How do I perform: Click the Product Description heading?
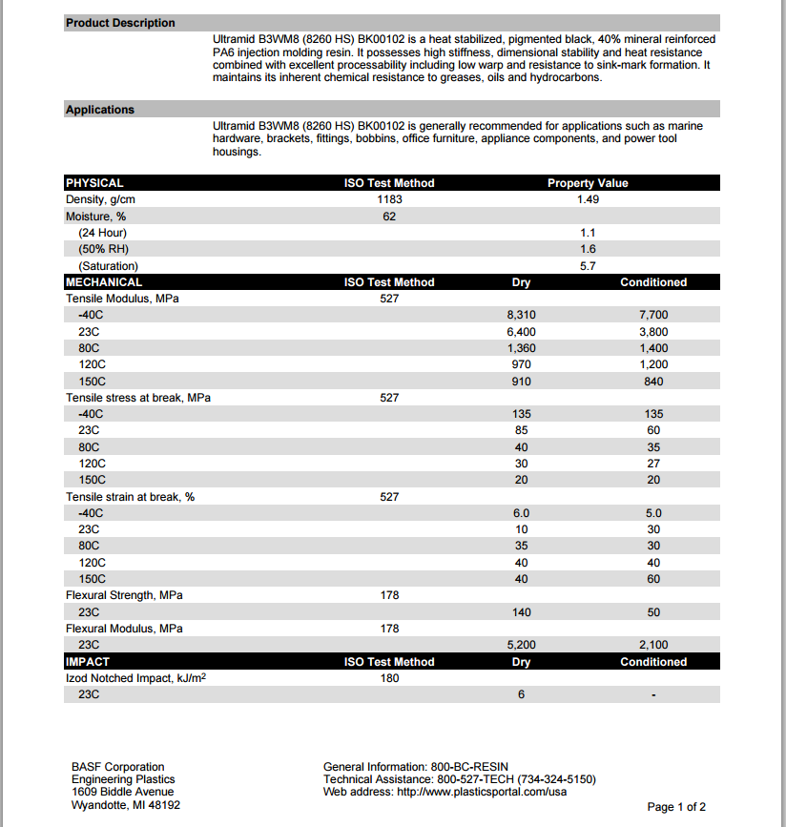point(120,23)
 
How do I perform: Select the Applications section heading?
point(100,110)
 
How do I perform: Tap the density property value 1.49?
point(588,199)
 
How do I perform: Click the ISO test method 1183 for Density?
point(389,199)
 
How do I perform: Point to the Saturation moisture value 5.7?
point(588,266)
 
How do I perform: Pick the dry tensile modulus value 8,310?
point(521,315)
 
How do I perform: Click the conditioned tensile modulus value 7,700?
point(653,315)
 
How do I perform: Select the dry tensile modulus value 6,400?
point(521,332)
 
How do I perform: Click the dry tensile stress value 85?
point(521,430)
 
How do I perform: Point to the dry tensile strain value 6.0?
point(521,513)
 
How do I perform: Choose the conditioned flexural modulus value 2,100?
point(653,646)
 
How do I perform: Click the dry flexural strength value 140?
point(521,612)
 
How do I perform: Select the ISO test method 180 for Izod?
point(389,678)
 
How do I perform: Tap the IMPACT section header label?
point(88,662)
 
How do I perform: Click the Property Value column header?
point(588,183)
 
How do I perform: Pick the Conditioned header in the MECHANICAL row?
point(653,282)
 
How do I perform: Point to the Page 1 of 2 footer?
point(676,807)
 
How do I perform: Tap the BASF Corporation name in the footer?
point(117,767)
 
